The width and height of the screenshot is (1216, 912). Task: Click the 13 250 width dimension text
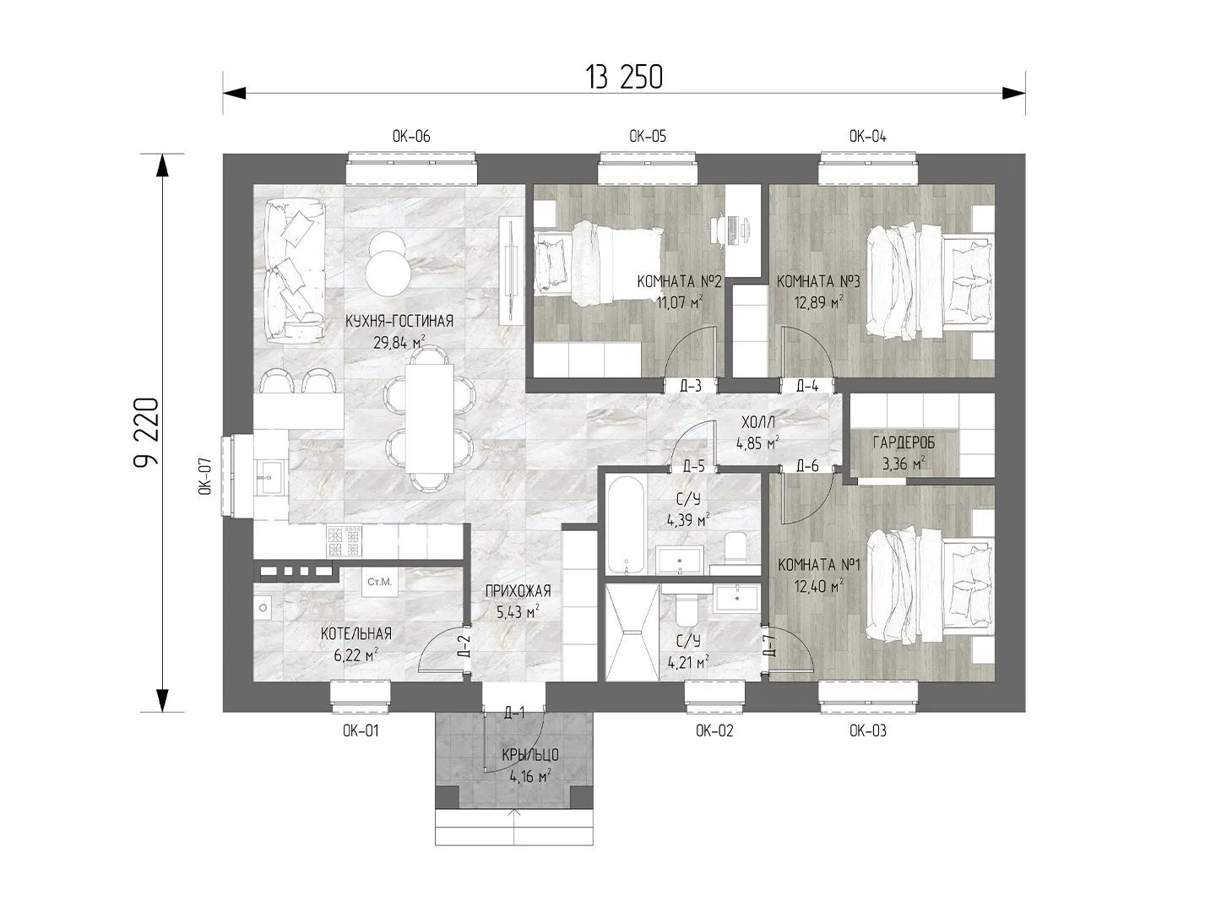coord(623,78)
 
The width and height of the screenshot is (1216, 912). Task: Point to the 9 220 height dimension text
coord(147,432)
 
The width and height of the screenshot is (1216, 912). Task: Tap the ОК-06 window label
coord(411,136)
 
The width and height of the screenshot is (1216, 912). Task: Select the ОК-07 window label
coord(205,476)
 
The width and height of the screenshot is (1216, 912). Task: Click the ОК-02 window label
coord(714,731)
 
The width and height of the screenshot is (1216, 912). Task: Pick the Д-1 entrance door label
coord(514,714)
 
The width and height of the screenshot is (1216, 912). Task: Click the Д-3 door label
coord(690,386)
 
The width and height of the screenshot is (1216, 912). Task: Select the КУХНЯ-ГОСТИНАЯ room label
coord(399,321)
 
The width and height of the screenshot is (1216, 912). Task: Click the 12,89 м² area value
coord(818,302)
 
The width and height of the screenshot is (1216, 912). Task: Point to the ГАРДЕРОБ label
coord(904,442)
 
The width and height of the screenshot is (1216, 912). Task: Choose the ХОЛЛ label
coord(758,422)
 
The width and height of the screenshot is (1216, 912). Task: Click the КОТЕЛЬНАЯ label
coord(356,633)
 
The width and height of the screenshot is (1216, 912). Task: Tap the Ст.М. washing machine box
coord(379,582)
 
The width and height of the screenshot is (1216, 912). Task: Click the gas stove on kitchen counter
coord(343,541)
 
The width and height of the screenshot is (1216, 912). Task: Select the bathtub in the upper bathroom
coord(626,525)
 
